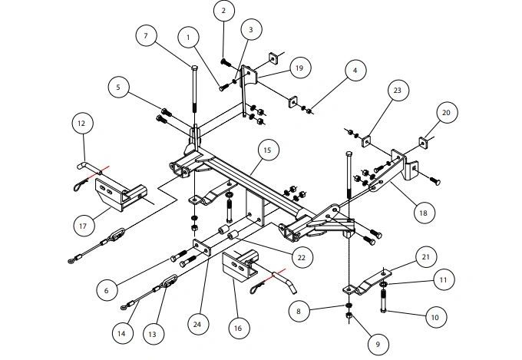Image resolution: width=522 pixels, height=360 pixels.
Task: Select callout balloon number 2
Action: pyautogui.click(x=223, y=11)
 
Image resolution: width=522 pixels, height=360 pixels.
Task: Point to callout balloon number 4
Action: pyautogui.click(x=354, y=71)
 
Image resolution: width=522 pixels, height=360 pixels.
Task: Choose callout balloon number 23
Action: pyautogui.click(x=118, y=88)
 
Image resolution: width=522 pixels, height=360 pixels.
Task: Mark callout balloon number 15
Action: pyautogui.click(x=267, y=150)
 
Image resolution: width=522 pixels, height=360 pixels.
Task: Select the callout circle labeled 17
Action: pyautogui.click(x=85, y=226)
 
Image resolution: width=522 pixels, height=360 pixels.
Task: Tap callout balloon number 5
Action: pyautogui.click(x=118, y=88)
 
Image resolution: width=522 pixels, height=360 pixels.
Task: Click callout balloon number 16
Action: pyautogui.click(x=238, y=328)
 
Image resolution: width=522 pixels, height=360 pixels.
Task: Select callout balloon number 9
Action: pyautogui.click(x=378, y=345)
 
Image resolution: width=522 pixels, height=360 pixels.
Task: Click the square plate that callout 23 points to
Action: pyautogui.click(x=367, y=141)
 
